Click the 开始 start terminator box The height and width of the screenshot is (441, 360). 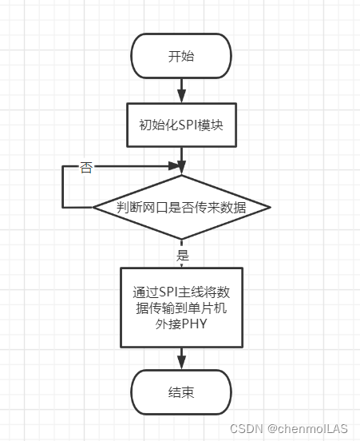click(x=181, y=56)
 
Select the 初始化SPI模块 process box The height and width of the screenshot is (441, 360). click(x=181, y=124)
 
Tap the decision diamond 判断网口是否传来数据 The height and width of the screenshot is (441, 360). click(x=181, y=208)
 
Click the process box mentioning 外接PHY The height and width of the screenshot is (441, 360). click(x=181, y=308)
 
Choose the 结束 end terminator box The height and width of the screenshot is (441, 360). click(x=181, y=392)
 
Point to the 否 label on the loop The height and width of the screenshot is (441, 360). click(x=86, y=168)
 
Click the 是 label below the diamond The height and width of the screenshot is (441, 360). click(x=182, y=256)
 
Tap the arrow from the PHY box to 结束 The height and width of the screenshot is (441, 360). click(x=181, y=360)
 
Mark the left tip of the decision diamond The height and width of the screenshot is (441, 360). click(x=95, y=208)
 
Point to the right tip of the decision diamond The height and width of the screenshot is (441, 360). click(x=270, y=208)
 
